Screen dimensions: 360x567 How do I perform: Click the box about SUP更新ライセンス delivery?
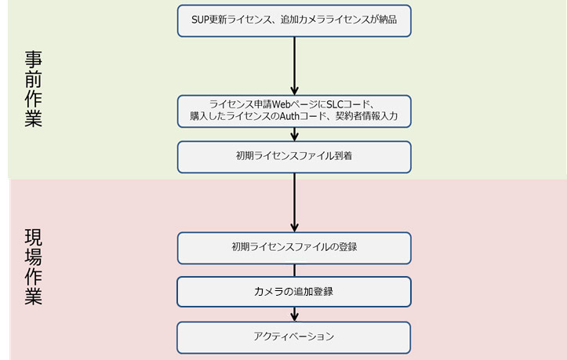coord(294,20)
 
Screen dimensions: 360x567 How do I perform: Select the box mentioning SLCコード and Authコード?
coord(294,111)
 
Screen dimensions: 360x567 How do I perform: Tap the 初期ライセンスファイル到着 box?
coord(294,156)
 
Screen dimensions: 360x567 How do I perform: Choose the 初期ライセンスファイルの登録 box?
coord(294,247)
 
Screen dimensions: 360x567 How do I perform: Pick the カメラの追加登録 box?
coord(294,292)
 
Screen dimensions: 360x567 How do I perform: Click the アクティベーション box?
coord(294,336)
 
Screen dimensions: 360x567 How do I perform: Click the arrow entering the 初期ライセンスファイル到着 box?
coord(294,134)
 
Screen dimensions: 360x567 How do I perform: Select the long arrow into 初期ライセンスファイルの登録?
coord(294,202)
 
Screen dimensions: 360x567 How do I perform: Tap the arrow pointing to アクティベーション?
coord(294,314)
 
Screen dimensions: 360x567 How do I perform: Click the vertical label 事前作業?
coord(34,89)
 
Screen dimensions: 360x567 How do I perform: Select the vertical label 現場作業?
coord(34,267)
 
